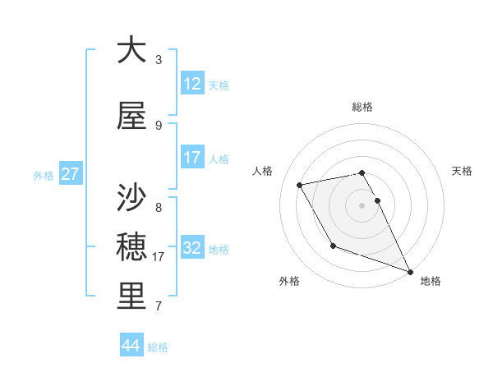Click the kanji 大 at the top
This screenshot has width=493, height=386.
(x=131, y=50)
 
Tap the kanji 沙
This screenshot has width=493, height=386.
(x=131, y=198)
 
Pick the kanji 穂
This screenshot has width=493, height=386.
(x=131, y=247)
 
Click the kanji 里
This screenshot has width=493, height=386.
(x=131, y=296)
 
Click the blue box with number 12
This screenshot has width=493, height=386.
(x=192, y=85)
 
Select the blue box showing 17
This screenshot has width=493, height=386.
(x=192, y=158)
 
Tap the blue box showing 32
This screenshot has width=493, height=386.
(x=192, y=248)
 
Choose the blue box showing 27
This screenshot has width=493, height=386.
(x=71, y=174)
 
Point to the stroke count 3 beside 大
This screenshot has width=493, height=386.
(x=159, y=60)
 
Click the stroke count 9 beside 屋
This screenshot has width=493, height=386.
(x=159, y=126)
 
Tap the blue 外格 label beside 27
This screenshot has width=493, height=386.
(x=44, y=175)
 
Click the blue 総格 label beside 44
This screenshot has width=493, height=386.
(x=158, y=347)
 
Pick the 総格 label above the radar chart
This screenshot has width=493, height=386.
(x=362, y=107)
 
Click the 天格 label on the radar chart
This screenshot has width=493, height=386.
(x=462, y=171)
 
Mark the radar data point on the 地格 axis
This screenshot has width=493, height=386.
(x=410, y=271)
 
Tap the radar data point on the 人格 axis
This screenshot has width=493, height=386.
(x=300, y=186)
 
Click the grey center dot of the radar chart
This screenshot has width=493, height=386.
(x=362, y=205)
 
